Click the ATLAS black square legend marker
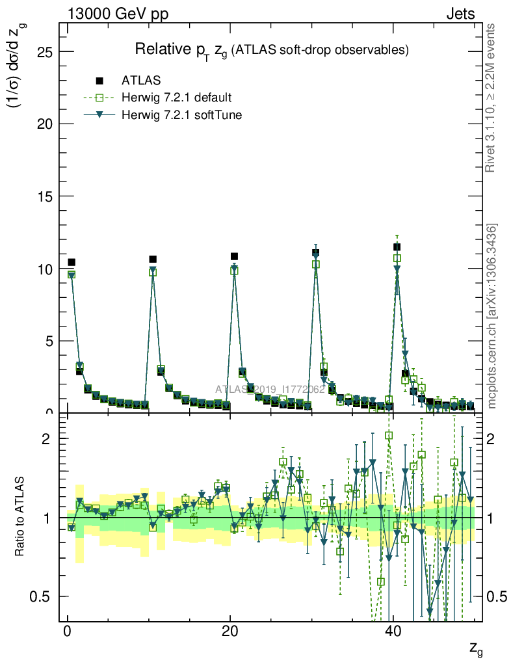99,81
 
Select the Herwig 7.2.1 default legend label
176,98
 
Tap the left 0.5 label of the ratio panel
41,596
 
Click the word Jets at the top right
460,14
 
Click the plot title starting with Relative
271,49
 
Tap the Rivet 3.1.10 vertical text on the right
491,98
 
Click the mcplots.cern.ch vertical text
492,316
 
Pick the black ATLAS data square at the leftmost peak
72,262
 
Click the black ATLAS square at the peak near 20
234,256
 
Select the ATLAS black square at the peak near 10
153,259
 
